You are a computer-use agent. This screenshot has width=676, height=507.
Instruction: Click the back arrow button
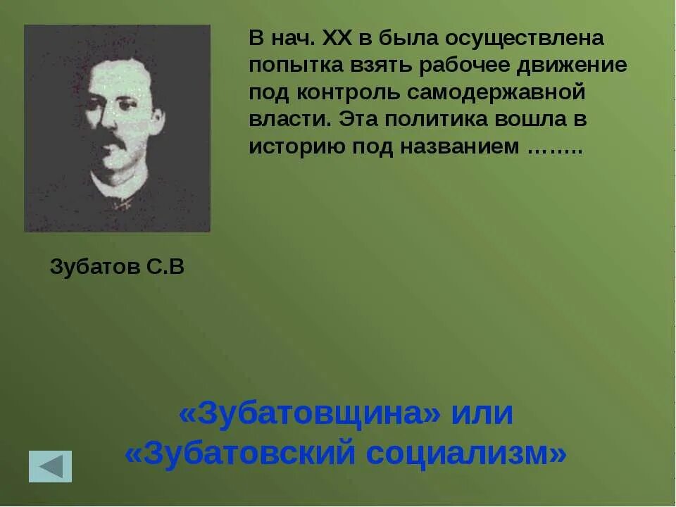pyautogui.click(x=50, y=466)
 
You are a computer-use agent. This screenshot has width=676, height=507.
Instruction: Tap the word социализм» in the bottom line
pyautogui.click(x=465, y=454)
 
